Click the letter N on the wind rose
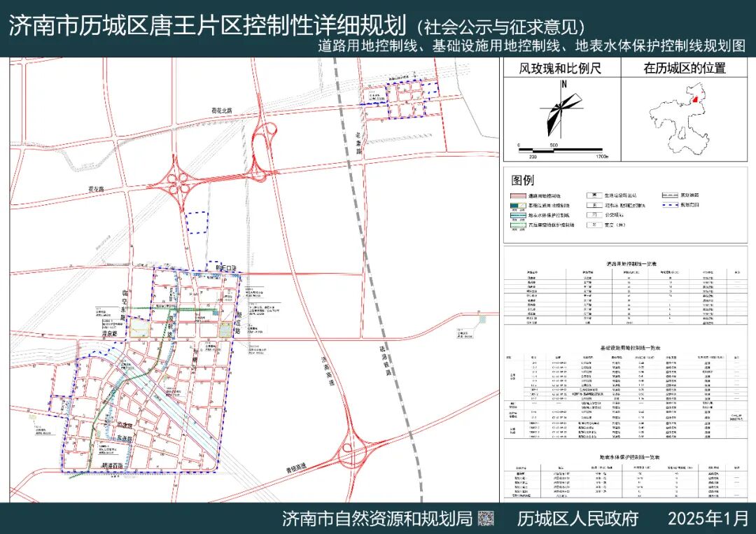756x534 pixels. click(x=563, y=85)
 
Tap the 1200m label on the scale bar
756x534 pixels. click(x=602, y=155)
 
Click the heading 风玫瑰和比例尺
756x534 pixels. click(x=560, y=68)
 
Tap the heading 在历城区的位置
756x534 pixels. click(x=684, y=68)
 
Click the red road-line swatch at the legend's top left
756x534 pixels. click(x=521, y=196)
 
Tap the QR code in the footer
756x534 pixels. click(x=486, y=519)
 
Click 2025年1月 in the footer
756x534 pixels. click(x=708, y=519)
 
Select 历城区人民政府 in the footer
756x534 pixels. click(x=577, y=519)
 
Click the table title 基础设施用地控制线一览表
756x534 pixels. click(x=630, y=348)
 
